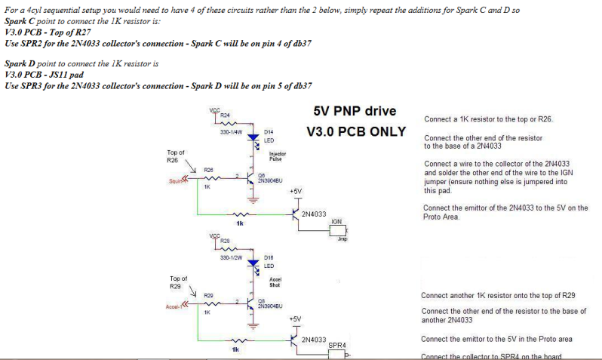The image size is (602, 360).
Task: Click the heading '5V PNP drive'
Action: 355,111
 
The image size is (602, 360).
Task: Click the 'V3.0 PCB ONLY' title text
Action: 356,131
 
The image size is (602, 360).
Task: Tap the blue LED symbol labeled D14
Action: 253,138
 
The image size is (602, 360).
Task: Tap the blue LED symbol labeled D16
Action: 253,265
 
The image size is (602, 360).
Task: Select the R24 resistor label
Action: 225,115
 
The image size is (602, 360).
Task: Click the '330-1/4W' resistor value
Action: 230,132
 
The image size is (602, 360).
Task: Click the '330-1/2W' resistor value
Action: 230,258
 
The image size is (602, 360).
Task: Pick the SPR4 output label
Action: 337,346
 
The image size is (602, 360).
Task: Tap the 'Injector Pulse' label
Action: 278,156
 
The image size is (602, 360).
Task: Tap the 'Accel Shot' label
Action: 275,282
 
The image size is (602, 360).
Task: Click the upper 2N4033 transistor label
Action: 313,214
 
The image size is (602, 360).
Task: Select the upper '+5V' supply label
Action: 295,192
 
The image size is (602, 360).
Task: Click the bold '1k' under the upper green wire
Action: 240,223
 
